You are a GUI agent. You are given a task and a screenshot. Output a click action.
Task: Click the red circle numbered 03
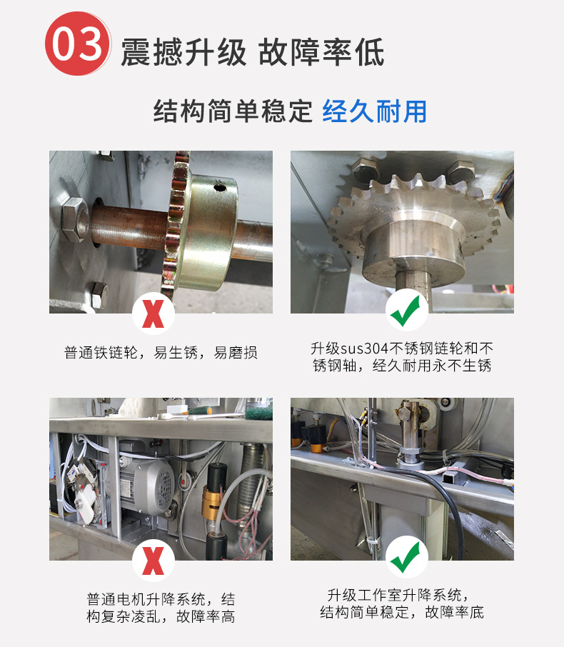(x=78, y=44)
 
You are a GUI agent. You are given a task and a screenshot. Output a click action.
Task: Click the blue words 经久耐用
(x=374, y=111)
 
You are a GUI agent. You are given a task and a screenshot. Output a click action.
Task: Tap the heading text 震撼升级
(x=183, y=52)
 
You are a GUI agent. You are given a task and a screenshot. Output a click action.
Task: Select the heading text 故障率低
(x=321, y=52)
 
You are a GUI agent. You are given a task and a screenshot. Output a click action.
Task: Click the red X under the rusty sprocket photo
(x=153, y=314)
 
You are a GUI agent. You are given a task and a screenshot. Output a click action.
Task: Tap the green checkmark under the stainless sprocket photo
(x=406, y=311)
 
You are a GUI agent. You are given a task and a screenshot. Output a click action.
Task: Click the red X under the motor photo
(x=153, y=561)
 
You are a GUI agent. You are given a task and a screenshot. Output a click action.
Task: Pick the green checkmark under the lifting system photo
(x=406, y=558)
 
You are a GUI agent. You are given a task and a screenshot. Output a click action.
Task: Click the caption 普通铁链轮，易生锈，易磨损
(x=161, y=353)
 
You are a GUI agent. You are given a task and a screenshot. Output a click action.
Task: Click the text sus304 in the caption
(x=365, y=348)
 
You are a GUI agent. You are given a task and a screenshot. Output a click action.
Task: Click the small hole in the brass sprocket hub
(x=219, y=188)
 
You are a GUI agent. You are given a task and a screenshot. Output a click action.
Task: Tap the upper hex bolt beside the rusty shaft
(x=75, y=219)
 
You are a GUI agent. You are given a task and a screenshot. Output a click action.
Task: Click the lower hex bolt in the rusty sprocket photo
(x=99, y=295)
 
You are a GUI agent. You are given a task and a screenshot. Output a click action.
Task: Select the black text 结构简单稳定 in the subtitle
(x=233, y=111)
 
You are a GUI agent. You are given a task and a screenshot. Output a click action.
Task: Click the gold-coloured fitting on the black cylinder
(x=213, y=502)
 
